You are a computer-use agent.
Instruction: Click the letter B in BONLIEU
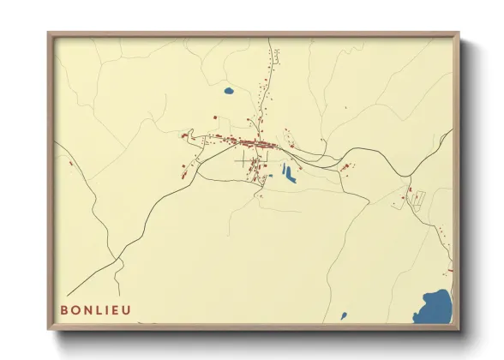point(63,310)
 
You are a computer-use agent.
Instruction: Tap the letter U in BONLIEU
point(128,310)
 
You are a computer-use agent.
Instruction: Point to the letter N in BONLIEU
point(84,310)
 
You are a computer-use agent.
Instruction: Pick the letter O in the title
point(74,310)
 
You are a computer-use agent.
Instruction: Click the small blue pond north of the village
point(228,90)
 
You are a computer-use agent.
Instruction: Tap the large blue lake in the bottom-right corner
point(435,307)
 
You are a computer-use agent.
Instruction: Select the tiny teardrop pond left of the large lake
point(345,315)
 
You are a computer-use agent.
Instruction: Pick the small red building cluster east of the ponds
point(345,166)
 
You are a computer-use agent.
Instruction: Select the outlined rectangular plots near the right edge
point(417,198)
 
